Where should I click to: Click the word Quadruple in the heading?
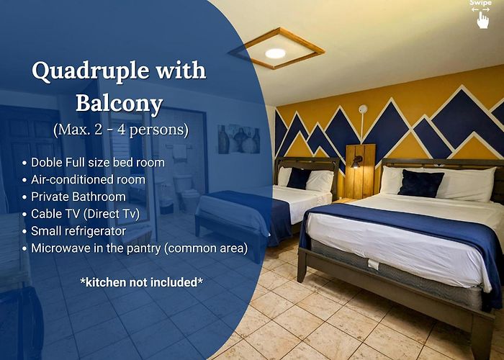91,71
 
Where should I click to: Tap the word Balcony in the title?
120,104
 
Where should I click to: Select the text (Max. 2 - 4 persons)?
121,130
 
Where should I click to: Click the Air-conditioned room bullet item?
88,179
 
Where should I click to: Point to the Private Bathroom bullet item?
78,197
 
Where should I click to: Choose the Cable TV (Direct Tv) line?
85,214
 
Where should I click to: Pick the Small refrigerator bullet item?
78,231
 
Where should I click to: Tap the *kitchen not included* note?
141,282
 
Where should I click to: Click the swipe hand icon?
482,20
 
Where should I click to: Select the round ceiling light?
275,53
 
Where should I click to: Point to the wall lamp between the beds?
356,161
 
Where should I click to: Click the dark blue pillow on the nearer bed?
420,183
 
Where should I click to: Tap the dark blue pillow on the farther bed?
299,179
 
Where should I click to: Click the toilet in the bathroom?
186,192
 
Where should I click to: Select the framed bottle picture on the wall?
239,139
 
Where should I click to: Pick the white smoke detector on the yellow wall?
363,109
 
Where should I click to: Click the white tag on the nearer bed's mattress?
373,264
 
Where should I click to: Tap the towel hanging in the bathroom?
179,152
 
